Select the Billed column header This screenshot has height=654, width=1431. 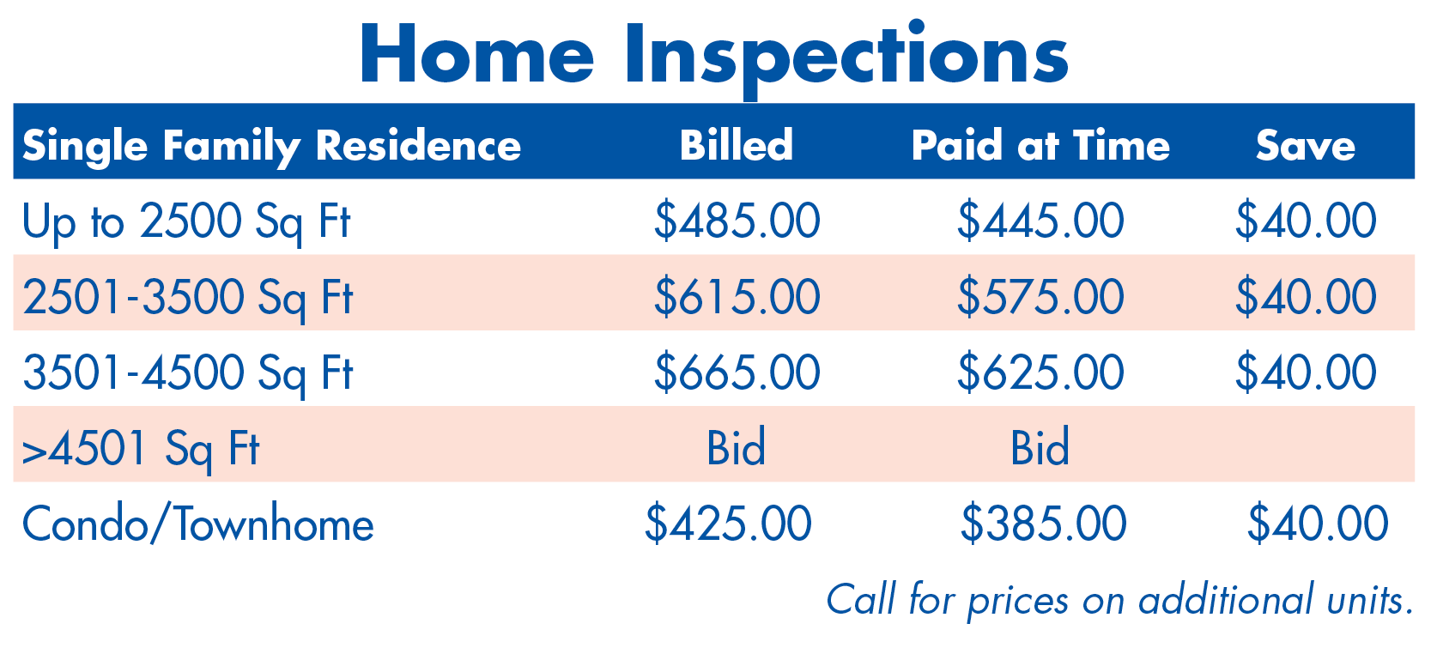click(736, 145)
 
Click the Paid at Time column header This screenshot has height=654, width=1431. click(1040, 145)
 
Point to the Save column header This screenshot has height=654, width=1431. click(1305, 146)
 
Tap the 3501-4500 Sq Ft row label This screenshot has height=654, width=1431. click(188, 373)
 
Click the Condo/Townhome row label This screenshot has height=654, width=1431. click(198, 524)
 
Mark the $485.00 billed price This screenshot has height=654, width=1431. click(737, 221)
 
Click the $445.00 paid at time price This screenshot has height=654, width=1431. click(1040, 221)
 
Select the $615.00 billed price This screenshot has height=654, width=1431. click(737, 297)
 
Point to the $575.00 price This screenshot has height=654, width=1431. click(1040, 297)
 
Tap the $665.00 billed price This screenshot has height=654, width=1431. click(737, 372)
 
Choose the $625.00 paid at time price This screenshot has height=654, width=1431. click(1040, 372)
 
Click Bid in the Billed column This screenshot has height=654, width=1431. click(736, 447)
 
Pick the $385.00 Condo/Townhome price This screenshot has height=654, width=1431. click(1044, 524)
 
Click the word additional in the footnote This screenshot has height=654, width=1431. click(1226, 600)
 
